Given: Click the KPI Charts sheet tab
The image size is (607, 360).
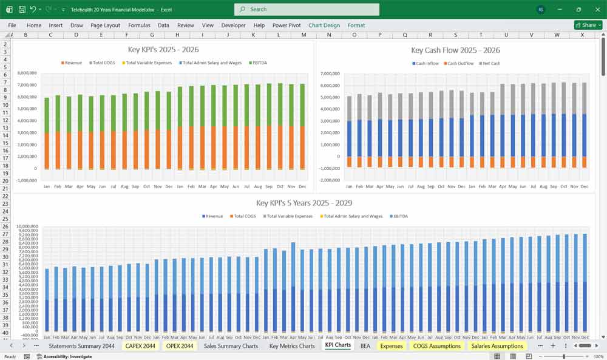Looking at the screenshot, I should pyautogui.click(x=337, y=345).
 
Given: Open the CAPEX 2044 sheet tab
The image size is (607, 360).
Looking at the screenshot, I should pyautogui.click(x=140, y=346).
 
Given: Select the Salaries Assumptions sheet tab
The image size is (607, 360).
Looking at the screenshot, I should pyautogui.click(x=497, y=346).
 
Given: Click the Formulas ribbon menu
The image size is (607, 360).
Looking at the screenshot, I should pyautogui.click(x=139, y=25).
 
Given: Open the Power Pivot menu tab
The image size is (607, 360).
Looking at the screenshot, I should pyautogui.click(x=287, y=25).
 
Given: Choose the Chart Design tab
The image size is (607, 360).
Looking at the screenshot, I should pyautogui.click(x=324, y=25).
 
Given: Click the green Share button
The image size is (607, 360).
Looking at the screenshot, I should pyautogui.click(x=588, y=25).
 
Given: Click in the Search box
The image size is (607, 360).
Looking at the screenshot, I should pyautogui.click(x=307, y=9).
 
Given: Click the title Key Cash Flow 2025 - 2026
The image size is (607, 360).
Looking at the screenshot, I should pyautogui.click(x=455, y=50).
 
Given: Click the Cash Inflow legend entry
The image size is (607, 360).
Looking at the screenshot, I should pyautogui.click(x=427, y=63).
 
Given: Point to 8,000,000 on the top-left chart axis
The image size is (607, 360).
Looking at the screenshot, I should pyautogui.click(x=27, y=73).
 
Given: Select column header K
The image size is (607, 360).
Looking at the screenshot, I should pyautogui.click(x=253, y=35).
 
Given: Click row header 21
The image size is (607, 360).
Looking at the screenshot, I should pyautogui.click(x=5, y=188).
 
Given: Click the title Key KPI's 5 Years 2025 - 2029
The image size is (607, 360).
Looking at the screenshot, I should pyautogui.click(x=303, y=203).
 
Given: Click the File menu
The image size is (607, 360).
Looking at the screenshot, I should pyautogui.click(x=12, y=25).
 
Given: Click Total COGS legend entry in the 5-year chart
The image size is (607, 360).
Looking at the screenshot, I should pyautogui.click(x=245, y=216).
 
